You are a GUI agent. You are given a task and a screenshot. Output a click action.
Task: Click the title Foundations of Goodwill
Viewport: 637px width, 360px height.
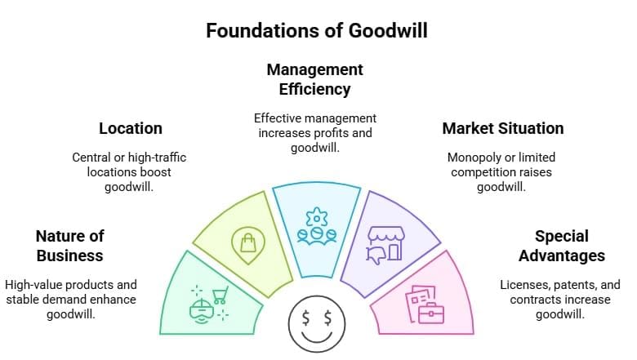pos(317,30)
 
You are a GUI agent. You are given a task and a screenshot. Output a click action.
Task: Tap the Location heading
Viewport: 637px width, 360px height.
pos(131,128)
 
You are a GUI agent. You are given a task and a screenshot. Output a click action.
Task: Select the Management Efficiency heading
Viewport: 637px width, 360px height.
pos(314,78)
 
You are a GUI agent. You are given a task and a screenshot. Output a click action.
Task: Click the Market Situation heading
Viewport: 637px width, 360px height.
pos(502,128)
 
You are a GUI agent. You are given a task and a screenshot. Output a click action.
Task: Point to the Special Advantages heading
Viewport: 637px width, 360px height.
pos(561,246)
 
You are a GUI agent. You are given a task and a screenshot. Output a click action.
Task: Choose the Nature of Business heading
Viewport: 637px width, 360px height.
pos(69,246)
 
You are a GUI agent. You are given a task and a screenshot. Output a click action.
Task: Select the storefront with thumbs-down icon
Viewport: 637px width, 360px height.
pos(386,242)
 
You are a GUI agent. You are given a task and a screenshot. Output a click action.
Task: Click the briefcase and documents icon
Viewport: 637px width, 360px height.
pos(426,304)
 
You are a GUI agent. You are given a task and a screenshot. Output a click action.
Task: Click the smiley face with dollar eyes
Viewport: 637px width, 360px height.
pos(316,325)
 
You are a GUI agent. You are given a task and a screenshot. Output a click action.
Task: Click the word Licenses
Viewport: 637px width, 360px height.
pos(524,285)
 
